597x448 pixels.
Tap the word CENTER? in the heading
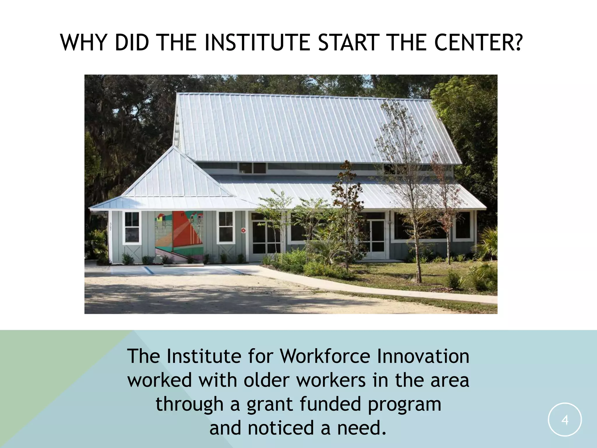[x=477, y=43]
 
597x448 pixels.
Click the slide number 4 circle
[x=565, y=420]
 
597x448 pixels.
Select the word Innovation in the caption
[x=423, y=356]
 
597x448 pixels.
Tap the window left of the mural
[x=132, y=228]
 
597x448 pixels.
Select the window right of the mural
[x=226, y=227]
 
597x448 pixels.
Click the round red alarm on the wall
[x=243, y=230]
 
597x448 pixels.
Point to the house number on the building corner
[x=111, y=227]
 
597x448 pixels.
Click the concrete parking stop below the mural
[x=183, y=265]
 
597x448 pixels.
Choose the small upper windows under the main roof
[x=252, y=168]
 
